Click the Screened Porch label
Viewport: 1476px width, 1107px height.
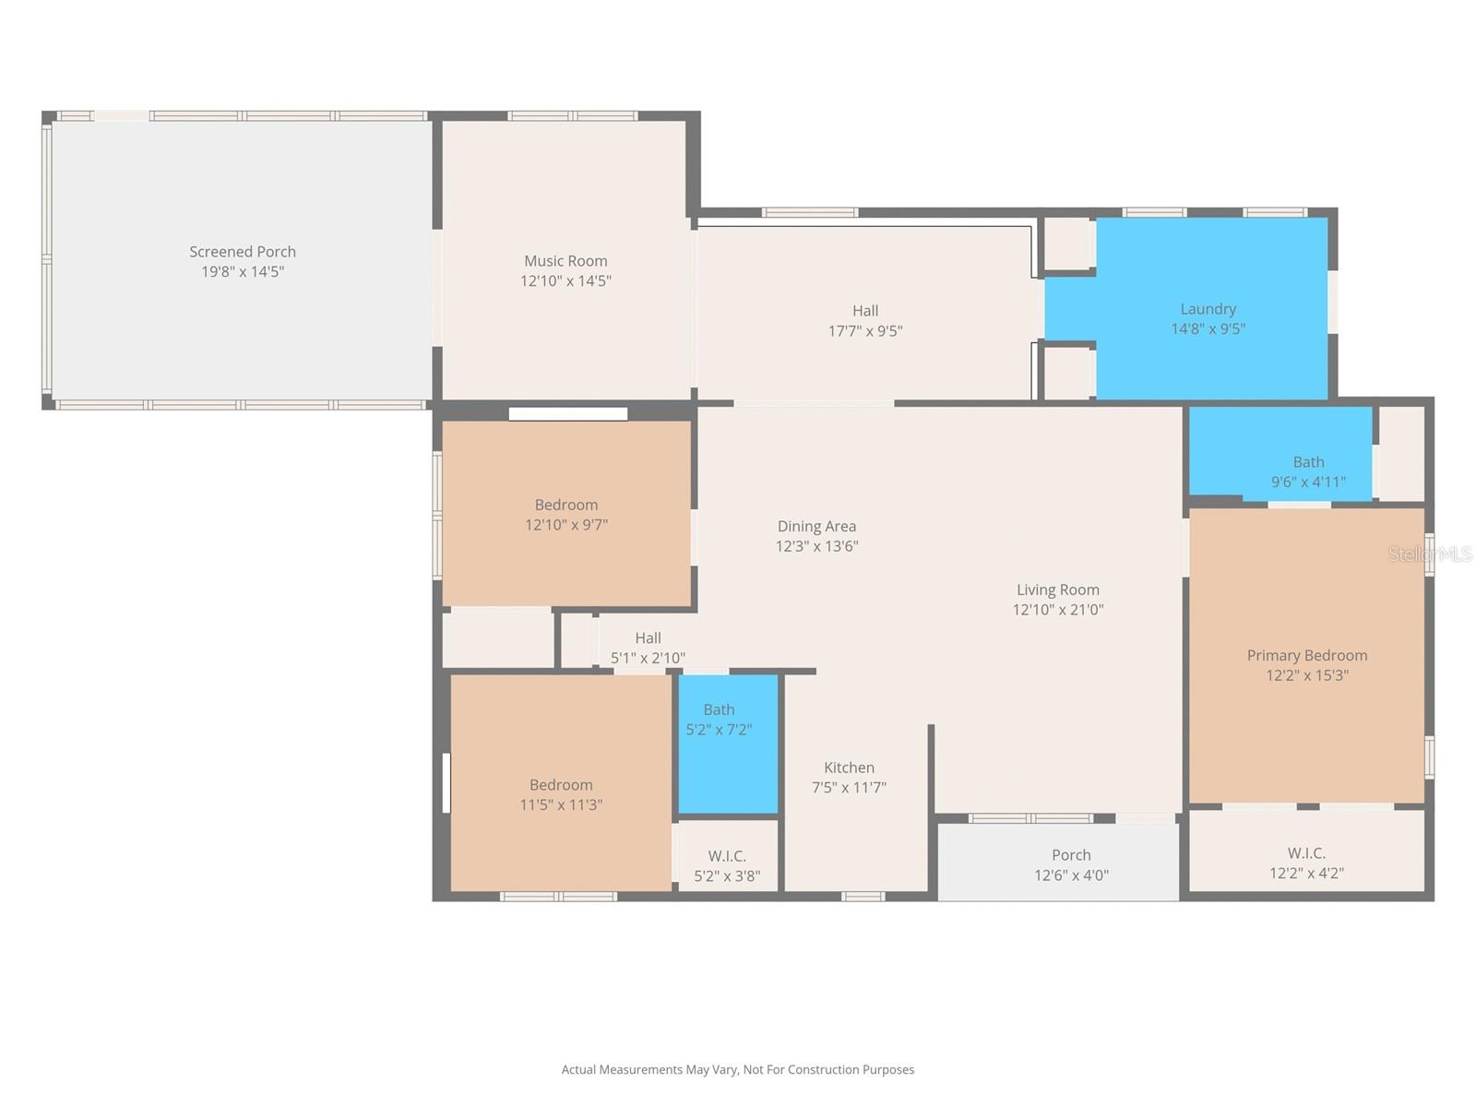point(243,252)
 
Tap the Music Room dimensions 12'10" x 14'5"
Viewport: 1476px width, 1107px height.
point(565,281)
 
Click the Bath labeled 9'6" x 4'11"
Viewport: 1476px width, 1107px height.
point(1307,471)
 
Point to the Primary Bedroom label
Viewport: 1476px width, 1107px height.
point(1306,655)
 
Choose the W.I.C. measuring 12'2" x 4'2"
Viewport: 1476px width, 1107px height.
point(1306,863)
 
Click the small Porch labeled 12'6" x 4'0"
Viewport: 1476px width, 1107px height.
point(1070,864)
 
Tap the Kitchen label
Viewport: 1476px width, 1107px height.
point(849,768)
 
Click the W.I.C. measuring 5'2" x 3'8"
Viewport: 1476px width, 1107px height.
point(727,865)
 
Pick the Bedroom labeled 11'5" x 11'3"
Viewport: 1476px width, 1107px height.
point(561,794)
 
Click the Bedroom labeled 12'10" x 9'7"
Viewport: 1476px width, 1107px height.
point(565,514)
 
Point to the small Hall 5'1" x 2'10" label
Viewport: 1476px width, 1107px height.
point(648,638)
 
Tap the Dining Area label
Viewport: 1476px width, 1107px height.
point(816,527)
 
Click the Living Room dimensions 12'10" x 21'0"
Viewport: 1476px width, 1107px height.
point(1057,610)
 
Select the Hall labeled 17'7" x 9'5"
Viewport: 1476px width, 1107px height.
point(864,320)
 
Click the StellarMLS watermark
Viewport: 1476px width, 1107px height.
point(1430,553)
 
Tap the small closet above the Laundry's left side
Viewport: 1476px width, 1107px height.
point(1067,244)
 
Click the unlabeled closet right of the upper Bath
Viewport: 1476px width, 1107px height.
point(1400,454)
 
